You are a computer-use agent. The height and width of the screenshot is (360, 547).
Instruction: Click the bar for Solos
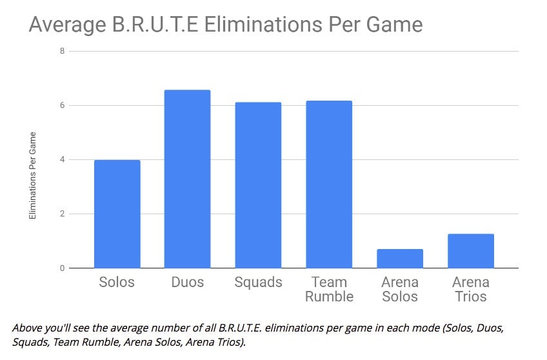(x=117, y=214)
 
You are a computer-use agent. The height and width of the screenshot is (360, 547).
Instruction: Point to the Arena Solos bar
(x=400, y=258)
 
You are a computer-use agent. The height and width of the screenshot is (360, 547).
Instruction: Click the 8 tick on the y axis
(x=61, y=51)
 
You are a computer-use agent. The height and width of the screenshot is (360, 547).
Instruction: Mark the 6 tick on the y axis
(x=61, y=105)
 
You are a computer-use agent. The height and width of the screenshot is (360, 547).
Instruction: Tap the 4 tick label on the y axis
(x=61, y=159)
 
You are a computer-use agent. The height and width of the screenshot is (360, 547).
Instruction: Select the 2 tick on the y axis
(x=61, y=214)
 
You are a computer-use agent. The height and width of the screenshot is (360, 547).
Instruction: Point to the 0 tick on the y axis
(x=61, y=268)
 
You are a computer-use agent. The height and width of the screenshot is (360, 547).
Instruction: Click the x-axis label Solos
(x=117, y=283)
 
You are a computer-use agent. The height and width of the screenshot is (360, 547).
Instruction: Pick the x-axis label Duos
(x=187, y=283)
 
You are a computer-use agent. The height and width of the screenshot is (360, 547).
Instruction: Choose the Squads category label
(x=258, y=283)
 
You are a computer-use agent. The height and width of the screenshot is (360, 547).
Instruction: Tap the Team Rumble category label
(x=329, y=290)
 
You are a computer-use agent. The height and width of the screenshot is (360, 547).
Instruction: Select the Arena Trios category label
(x=471, y=290)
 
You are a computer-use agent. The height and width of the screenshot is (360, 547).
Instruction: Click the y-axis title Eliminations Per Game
(x=33, y=175)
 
